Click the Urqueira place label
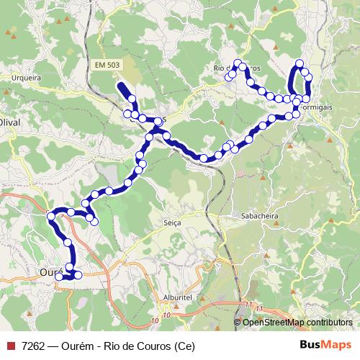(x=27, y=77)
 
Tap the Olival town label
(x=10, y=123)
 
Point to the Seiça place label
(x=172, y=223)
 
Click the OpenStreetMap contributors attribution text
(x=297, y=322)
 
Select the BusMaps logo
(x=326, y=345)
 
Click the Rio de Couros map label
(x=230, y=68)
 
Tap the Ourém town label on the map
(x=49, y=273)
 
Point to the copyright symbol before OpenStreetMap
(x=238, y=322)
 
